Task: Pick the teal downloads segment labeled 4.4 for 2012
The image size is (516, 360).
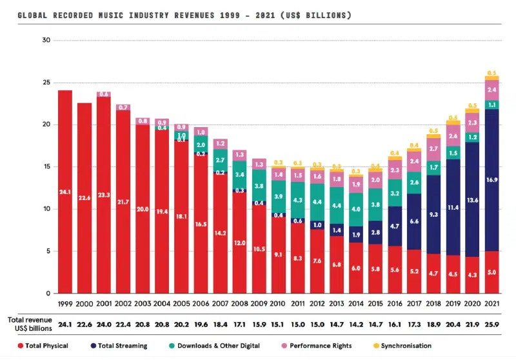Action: coord(317,202)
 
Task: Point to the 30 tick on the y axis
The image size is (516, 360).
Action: coord(45,40)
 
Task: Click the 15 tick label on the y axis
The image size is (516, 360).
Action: coord(45,166)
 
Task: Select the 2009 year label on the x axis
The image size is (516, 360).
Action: coord(259,303)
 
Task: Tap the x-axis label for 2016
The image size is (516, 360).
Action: coord(394,303)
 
